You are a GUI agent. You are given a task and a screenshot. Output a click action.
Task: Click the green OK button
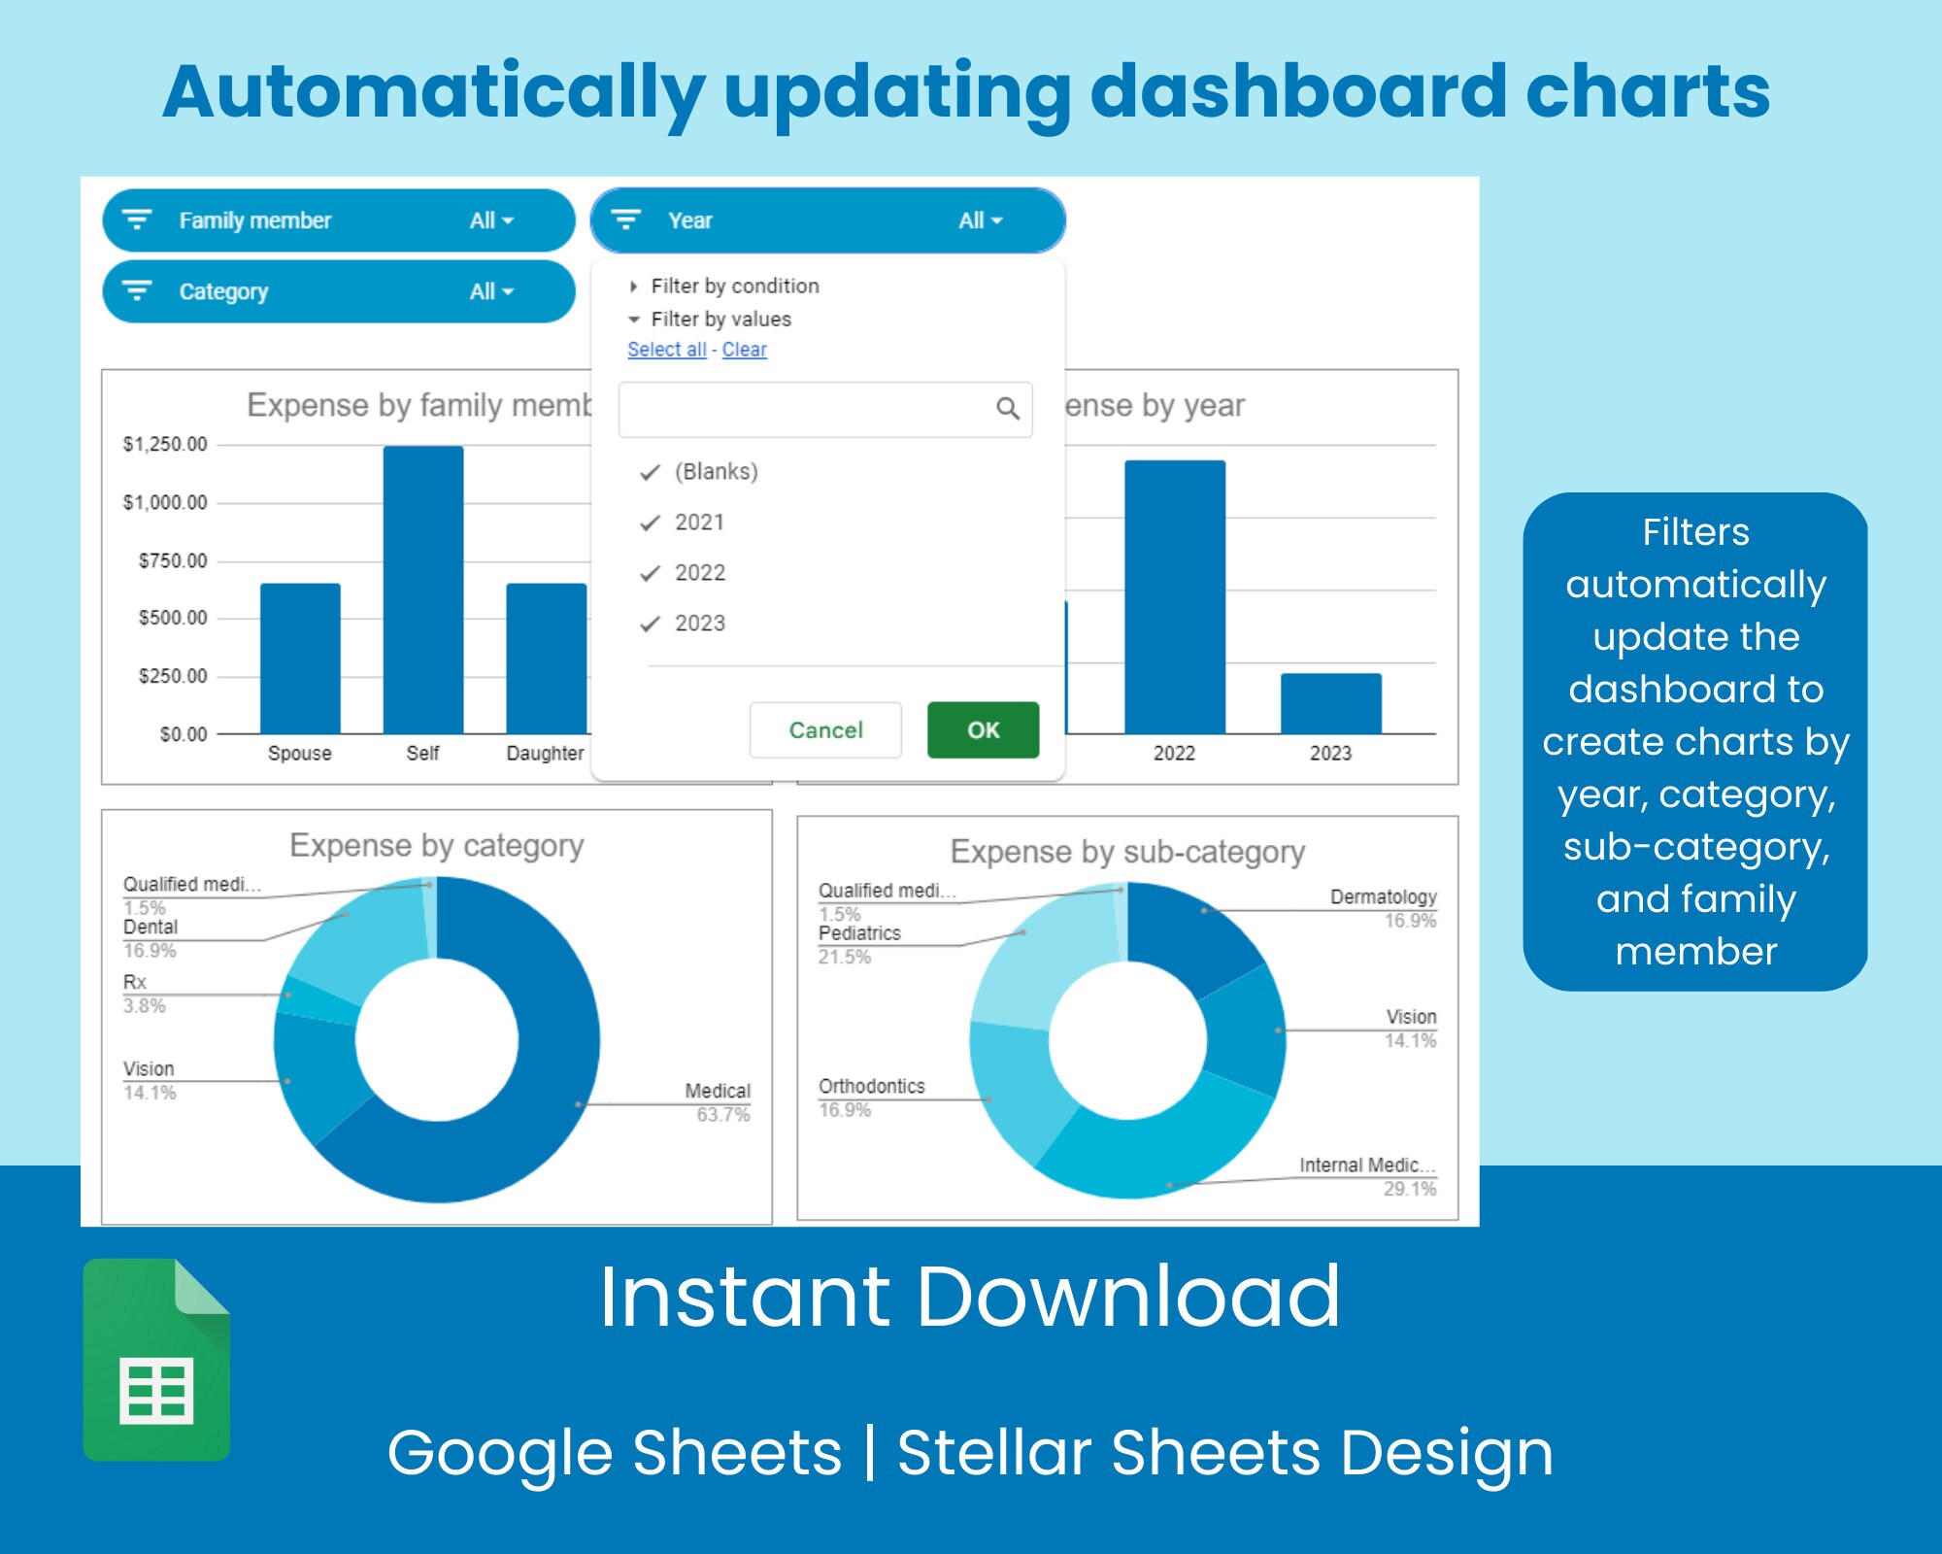pyautogui.click(x=983, y=729)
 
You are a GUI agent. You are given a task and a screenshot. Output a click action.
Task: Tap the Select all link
pyautogui.click(x=666, y=350)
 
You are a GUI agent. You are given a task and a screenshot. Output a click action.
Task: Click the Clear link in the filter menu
pyautogui.click(x=744, y=350)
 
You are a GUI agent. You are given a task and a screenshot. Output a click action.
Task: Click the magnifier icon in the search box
pyautogui.click(x=1008, y=409)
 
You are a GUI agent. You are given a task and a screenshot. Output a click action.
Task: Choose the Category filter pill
pyautogui.click(x=338, y=291)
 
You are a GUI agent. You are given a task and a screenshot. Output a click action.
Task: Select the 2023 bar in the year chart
pyautogui.click(x=1330, y=703)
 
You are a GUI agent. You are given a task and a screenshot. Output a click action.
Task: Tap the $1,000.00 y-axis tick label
pyautogui.click(x=165, y=502)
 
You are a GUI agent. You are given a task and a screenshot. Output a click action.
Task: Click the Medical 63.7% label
pyautogui.click(x=718, y=1101)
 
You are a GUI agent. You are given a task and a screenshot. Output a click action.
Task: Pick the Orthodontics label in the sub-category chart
pyautogui.click(x=871, y=1087)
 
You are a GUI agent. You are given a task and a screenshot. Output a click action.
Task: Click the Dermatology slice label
pyautogui.click(x=1383, y=897)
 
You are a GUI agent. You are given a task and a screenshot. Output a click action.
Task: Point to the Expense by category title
pyautogui.click(x=437, y=845)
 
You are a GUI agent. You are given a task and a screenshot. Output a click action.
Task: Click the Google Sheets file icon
pyautogui.click(x=156, y=1360)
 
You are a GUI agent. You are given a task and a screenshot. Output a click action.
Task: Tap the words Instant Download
pyautogui.click(x=969, y=1297)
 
